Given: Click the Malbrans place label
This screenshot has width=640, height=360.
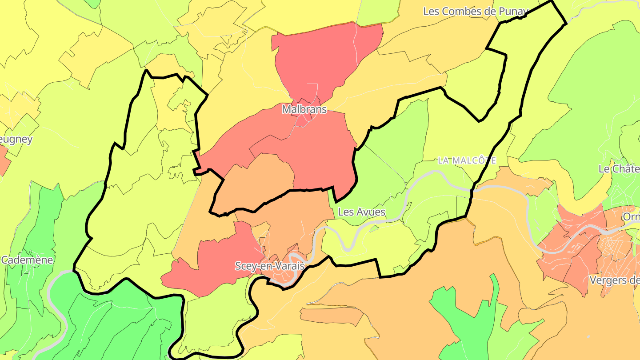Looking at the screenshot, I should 304,109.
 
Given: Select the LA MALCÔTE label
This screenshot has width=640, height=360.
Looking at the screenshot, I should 467,160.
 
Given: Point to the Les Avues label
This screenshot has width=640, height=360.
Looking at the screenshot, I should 361,212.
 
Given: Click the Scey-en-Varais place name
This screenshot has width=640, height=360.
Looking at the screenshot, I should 270,266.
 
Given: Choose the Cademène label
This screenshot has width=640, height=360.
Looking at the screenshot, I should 27,260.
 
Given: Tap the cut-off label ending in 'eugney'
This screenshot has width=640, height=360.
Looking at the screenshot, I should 16,140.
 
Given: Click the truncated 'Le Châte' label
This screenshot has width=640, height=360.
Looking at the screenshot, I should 619,169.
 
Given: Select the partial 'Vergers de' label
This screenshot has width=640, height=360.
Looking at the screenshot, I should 615,280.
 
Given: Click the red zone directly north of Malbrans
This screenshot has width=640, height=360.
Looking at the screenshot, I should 324,58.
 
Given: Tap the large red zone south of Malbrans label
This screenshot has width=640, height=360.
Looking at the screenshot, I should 320,156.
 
